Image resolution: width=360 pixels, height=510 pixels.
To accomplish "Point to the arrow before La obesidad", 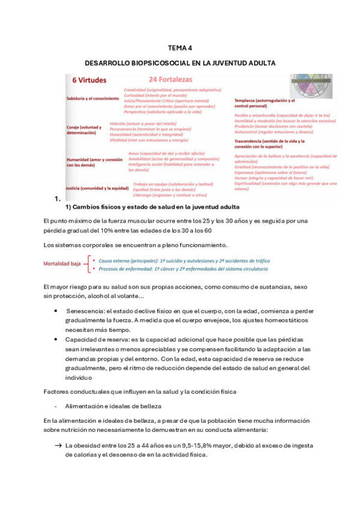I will point(58,446).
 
